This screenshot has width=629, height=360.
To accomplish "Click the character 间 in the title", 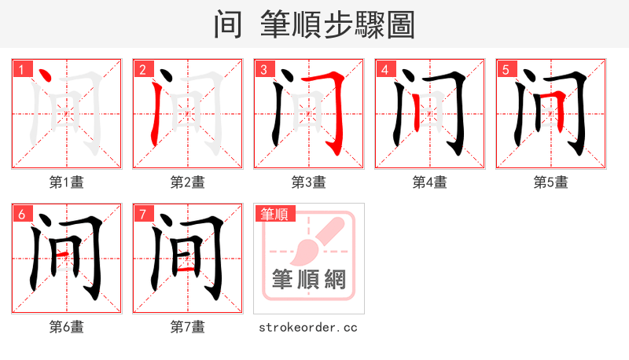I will coord(228,24).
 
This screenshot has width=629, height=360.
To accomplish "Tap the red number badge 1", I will coord(21,69).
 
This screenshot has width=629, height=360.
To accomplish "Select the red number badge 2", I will coord(142,69).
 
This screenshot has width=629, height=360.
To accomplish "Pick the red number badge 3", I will coord(263,69).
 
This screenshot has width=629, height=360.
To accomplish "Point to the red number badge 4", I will coord(384,69).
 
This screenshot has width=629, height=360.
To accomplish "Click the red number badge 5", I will coord(506,69).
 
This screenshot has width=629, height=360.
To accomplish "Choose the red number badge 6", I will coord(21,214).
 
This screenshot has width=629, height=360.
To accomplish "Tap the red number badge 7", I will coord(142,214).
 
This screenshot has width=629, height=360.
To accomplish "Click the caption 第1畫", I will coord(66,182).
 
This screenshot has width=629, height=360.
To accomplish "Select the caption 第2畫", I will coord(187,182).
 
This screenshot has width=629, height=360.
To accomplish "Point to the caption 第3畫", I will coord(308,182).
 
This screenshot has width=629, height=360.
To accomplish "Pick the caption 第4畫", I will coord(429,182).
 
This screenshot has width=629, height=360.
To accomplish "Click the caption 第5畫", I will coord(550,182).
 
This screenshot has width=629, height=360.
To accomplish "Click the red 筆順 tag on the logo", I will coord(274,214).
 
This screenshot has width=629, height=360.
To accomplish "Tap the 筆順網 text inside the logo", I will coord(308,279).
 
